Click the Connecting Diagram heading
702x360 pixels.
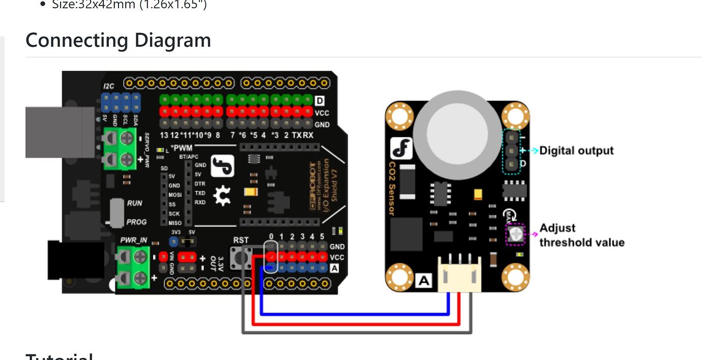click(x=118, y=40)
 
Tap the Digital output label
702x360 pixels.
click(x=576, y=151)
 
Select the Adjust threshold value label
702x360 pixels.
click(x=581, y=235)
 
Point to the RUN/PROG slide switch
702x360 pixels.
click(x=118, y=212)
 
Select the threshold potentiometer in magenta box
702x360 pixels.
click(x=516, y=234)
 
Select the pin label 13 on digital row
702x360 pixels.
click(x=164, y=135)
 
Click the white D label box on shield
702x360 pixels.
click(x=319, y=101)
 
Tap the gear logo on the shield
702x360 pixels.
click(x=222, y=196)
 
